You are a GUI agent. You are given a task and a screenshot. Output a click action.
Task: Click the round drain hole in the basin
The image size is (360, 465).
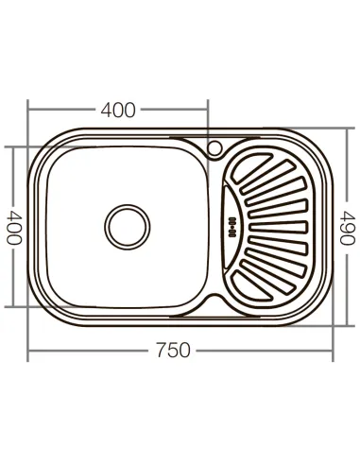click(125, 227)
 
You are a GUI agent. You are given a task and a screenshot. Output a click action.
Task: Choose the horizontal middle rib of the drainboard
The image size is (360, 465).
click(279, 227)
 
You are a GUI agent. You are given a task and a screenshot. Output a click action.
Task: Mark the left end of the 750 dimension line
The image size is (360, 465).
click(27, 351)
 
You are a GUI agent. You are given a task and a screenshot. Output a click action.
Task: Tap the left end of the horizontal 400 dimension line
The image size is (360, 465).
click(27, 111)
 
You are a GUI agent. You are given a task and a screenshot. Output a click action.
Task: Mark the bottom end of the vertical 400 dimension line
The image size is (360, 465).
click(14, 306)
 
